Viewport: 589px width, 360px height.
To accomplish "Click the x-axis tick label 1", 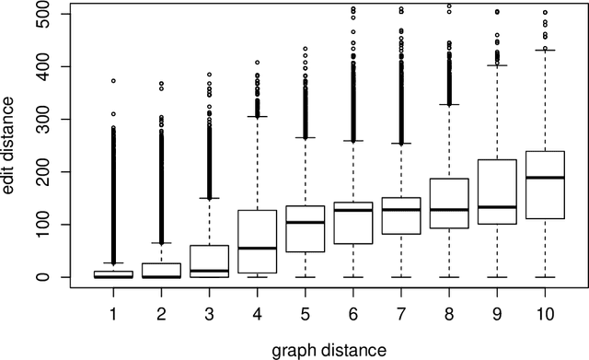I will pyautogui.click(x=113, y=315).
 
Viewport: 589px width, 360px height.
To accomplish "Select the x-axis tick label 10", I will pyautogui.click(x=545, y=315).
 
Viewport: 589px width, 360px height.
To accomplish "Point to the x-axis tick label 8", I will pyautogui.click(x=449, y=315).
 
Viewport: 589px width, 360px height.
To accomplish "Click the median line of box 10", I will pyautogui.click(x=545, y=177).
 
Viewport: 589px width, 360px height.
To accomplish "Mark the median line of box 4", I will pyautogui.click(x=258, y=248).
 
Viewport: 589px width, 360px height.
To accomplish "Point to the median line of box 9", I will pyautogui.click(x=497, y=207).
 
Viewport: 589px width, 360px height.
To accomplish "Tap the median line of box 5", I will pyautogui.click(x=306, y=222).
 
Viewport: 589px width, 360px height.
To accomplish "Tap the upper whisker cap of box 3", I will pyautogui.click(x=210, y=198).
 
